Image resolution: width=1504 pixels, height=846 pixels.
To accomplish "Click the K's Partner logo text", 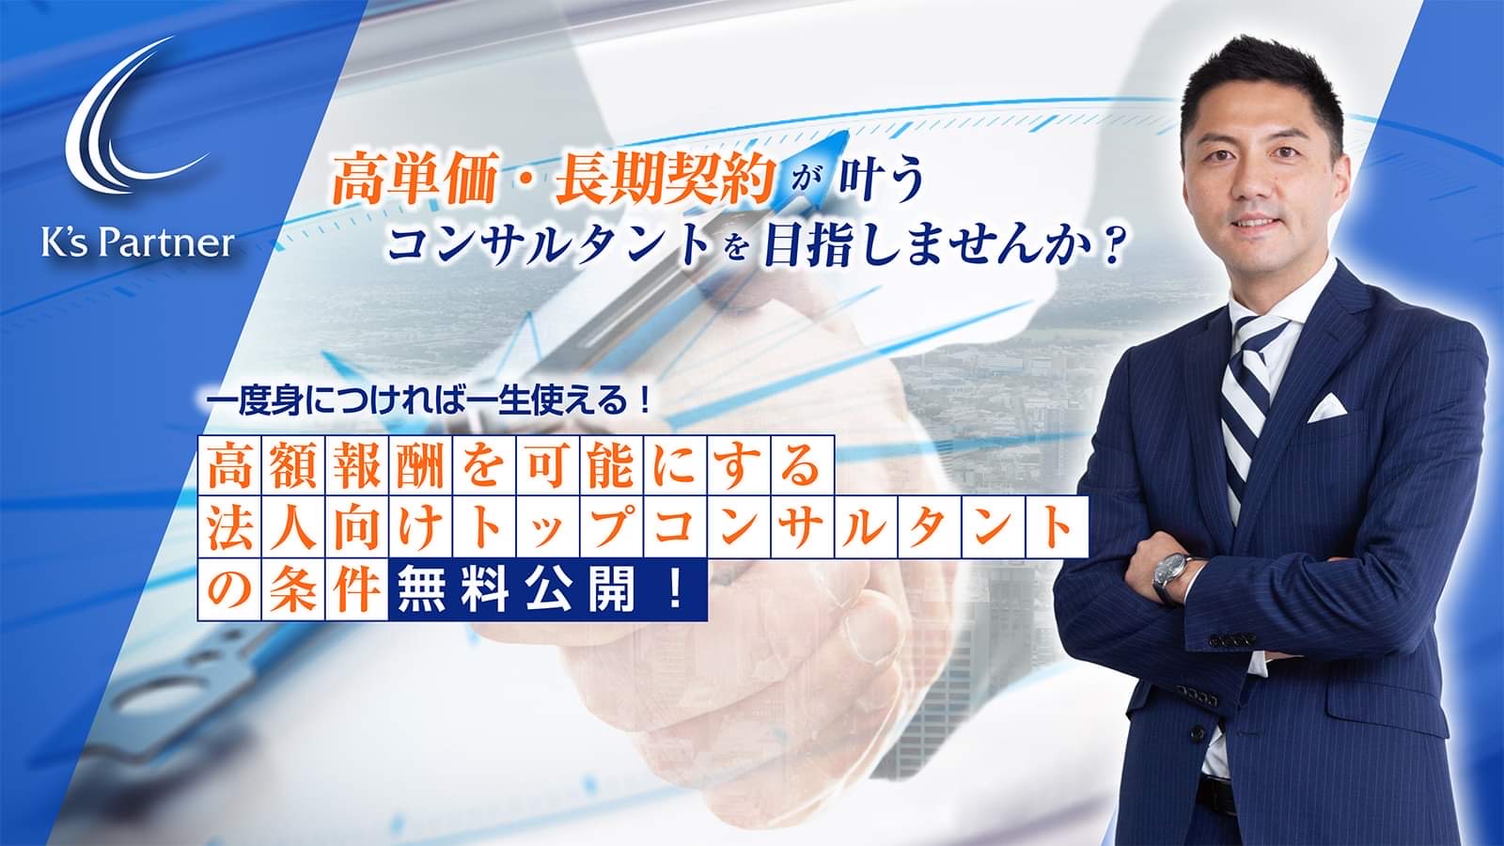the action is (x=138, y=243).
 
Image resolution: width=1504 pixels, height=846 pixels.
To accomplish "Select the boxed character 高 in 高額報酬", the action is (x=229, y=465).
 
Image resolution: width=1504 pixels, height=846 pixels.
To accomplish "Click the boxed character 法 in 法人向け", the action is (x=229, y=526).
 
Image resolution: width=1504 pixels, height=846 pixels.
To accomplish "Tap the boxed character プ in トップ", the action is (x=612, y=526).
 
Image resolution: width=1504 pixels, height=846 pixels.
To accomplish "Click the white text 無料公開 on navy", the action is (x=516, y=588).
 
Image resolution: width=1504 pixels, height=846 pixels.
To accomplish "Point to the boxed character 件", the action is (x=357, y=588).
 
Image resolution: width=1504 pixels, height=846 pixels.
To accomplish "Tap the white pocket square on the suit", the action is (x=1326, y=407).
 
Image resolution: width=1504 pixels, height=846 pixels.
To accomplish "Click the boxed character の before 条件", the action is (x=229, y=588).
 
